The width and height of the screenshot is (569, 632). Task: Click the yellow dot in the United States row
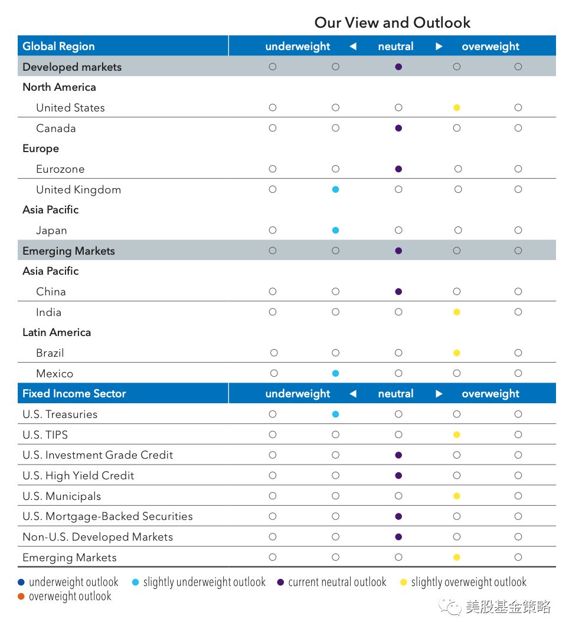tap(456, 108)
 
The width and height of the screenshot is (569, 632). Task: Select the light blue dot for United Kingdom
tap(335, 189)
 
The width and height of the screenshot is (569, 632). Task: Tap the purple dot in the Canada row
tap(398, 128)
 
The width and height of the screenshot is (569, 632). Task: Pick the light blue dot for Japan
tap(335, 231)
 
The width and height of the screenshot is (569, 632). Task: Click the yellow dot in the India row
tap(456, 312)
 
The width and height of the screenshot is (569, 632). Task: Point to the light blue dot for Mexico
tap(335, 373)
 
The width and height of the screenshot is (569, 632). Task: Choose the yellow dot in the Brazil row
tap(456, 353)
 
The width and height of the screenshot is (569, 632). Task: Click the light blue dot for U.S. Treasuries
tap(335, 414)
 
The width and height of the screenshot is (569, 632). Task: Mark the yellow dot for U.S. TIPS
tap(456, 434)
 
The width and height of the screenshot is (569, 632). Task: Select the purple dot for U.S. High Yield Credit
tap(398, 476)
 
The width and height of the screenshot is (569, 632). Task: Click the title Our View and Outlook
tap(392, 23)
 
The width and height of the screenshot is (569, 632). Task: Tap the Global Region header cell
tap(58, 47)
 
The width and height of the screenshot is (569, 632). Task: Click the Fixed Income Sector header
tap(74, 394)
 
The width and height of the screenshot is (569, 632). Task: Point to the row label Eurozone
tap(60, 169)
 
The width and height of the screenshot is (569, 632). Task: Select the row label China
tap(51, 292)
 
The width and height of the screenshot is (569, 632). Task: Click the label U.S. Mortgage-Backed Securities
tap(107, 516)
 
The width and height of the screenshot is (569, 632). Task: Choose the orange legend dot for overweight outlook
tap(21, 597)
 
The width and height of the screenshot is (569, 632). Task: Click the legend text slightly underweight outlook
tap(204, 582)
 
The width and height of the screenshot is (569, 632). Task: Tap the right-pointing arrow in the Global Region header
tap(439, 47)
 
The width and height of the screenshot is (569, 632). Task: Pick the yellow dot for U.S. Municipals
tap(456, 496)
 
